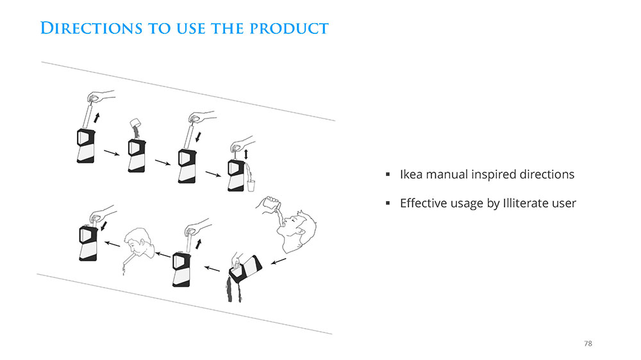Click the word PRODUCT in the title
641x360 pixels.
(x=289, y=29)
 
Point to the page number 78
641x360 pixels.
(x=588, y=343)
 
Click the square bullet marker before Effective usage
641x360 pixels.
(x=388, y=203)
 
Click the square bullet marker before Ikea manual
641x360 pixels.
(x=388, y=174)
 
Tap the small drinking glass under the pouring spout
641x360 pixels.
(x=251, y=186)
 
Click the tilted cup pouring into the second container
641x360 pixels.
(x=136, y=123)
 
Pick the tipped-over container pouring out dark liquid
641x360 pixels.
(x=245, y=268)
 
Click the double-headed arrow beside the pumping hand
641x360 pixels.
(x=246, y=154)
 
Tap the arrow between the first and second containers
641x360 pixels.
(x=112, y=153)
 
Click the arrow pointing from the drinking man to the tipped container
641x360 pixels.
(x=279, y=261)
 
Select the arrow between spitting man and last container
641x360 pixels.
(x=112, y=244)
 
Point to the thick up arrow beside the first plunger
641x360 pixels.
(x=97, y=118)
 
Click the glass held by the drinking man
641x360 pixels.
(x=272, y=204)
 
